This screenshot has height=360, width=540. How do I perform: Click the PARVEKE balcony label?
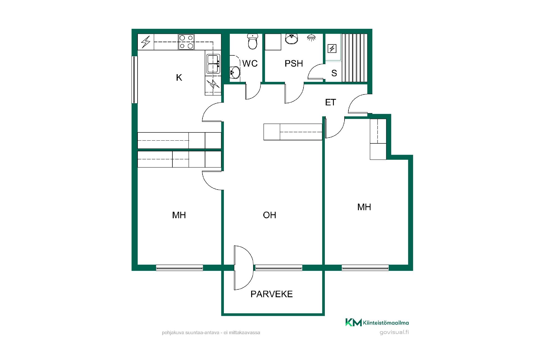pyautogui.click(x=271, y=294)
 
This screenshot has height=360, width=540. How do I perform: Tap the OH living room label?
pyautogui.click(x=269, y=215)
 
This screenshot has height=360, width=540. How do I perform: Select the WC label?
pyautogui.click(x=250, y=64)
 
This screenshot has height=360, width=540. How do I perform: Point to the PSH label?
pyautogui.click(x=294, y=64)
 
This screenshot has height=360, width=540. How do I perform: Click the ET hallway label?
pyautogui.click(x=330, y=102)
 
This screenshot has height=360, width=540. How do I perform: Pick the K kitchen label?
pyautogui.click(x=179, y=77)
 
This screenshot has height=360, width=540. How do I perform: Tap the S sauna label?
pyautogui.click(x=334, y=73)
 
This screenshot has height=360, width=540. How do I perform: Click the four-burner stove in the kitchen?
pyautogui.click(x=186, y=42)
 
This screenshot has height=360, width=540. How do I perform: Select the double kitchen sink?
pyautogui.click(x=213, y=64)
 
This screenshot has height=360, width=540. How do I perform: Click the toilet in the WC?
pyautogui.click(x=252, y=42)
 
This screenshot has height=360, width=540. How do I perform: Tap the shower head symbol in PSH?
pyautogui.click(x=311, y=38)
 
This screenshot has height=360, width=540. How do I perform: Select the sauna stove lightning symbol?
pyautogui.click(x=332, y=49)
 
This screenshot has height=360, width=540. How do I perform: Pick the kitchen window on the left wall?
pyautogui.click(x=135, y=80)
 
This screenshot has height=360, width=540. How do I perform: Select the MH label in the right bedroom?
pyautogui.click(x=364, y=207)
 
